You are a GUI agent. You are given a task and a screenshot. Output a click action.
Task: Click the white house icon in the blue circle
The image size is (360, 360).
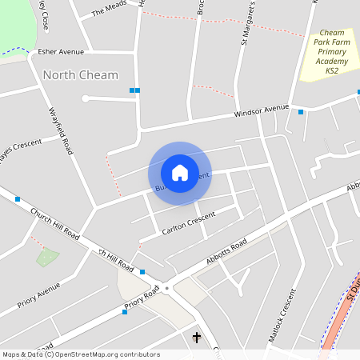[180, 172]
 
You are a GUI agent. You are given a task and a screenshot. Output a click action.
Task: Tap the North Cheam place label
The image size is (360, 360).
[80, 75]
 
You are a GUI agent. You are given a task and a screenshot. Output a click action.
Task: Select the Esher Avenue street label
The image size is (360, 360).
[61, 52]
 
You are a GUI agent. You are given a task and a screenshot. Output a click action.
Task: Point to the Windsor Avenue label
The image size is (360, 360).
[261, 110]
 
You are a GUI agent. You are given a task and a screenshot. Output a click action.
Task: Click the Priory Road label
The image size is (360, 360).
[142, 300]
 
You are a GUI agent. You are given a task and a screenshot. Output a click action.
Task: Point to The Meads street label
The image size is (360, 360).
[110, 9]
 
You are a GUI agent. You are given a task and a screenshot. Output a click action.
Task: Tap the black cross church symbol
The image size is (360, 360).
[197, 338]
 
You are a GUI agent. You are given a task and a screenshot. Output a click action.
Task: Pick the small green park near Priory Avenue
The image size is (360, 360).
[47, 258]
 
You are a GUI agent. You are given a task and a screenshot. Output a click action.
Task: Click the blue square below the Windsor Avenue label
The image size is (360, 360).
[301, 112]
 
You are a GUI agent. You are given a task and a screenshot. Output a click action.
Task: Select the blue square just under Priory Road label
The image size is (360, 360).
[124, 312]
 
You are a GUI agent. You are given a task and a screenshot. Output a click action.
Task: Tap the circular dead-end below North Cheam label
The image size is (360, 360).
[85, 98]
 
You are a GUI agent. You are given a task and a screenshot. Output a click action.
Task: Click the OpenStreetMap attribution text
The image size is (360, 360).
[80, 354]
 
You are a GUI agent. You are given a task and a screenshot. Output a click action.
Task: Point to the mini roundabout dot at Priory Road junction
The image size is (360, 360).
[167, 288]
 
